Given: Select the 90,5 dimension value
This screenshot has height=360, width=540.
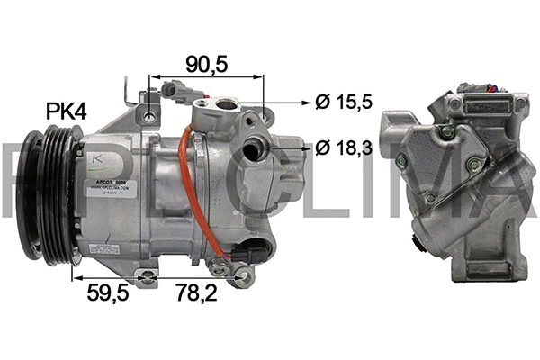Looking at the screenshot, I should [205, 64].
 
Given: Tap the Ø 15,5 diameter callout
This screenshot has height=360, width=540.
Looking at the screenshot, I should [343, 103].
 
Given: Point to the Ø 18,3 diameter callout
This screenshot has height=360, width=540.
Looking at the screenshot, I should [344, 148].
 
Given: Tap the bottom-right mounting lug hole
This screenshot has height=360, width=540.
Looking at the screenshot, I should [239, 278].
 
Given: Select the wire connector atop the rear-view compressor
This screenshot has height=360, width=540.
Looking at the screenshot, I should [472, 90].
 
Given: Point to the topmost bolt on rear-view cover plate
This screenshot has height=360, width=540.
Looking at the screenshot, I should [444, 132].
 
